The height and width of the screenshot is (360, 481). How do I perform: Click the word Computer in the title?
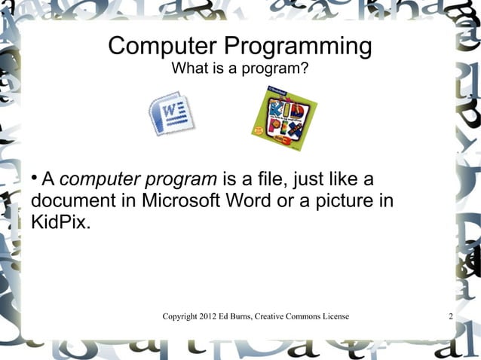coord(155,47)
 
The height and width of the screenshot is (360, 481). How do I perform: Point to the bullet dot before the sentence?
coord(35,178)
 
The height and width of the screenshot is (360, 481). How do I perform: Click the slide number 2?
coord(450,316)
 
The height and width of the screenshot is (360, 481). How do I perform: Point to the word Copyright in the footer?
coord(182,316)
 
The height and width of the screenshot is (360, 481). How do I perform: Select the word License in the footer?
coord(332,316)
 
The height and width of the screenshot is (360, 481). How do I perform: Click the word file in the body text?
coord(252,181)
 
